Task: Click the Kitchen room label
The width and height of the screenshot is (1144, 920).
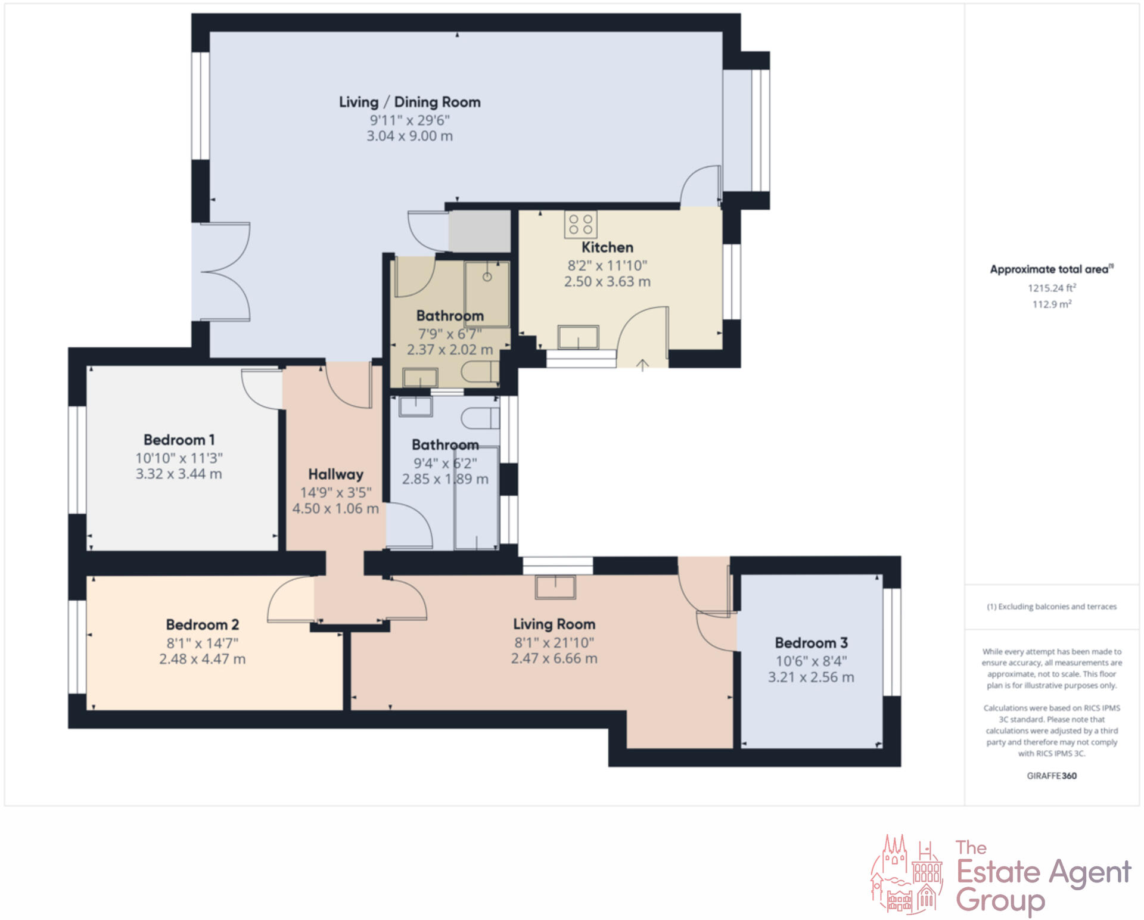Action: point(607,247)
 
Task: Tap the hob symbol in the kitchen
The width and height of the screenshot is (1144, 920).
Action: point(580,225)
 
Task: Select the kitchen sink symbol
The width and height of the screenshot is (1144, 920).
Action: point(578,337)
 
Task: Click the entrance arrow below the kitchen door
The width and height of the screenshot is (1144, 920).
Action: point(642,365)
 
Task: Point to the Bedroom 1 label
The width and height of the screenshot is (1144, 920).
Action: point(179,440)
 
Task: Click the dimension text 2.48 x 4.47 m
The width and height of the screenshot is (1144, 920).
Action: point(202,659)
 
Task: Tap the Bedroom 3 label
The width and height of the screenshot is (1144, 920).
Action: point(811,643)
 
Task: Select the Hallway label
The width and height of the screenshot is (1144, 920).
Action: point(335,474)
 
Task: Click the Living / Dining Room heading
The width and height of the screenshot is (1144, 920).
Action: point(409,102)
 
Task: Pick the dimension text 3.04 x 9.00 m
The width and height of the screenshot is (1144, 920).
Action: point(409,136)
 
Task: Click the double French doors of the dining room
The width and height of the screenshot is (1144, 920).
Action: point(225,272)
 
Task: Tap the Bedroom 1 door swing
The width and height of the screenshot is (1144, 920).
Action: point(261,388)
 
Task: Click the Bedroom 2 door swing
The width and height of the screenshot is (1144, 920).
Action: point(291,601)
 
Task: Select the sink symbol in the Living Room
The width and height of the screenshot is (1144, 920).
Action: point(555,587)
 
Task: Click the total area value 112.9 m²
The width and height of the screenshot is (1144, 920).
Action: point(1052,304)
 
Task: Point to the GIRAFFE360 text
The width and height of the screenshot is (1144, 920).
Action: point(1052,776)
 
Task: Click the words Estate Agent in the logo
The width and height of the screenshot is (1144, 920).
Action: point(1043,872)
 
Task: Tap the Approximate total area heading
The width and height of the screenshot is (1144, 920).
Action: point(1050,269)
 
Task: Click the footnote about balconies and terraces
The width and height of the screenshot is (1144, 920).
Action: point(1052,607)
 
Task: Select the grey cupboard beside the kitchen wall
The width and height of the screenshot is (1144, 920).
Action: point(480,231)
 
